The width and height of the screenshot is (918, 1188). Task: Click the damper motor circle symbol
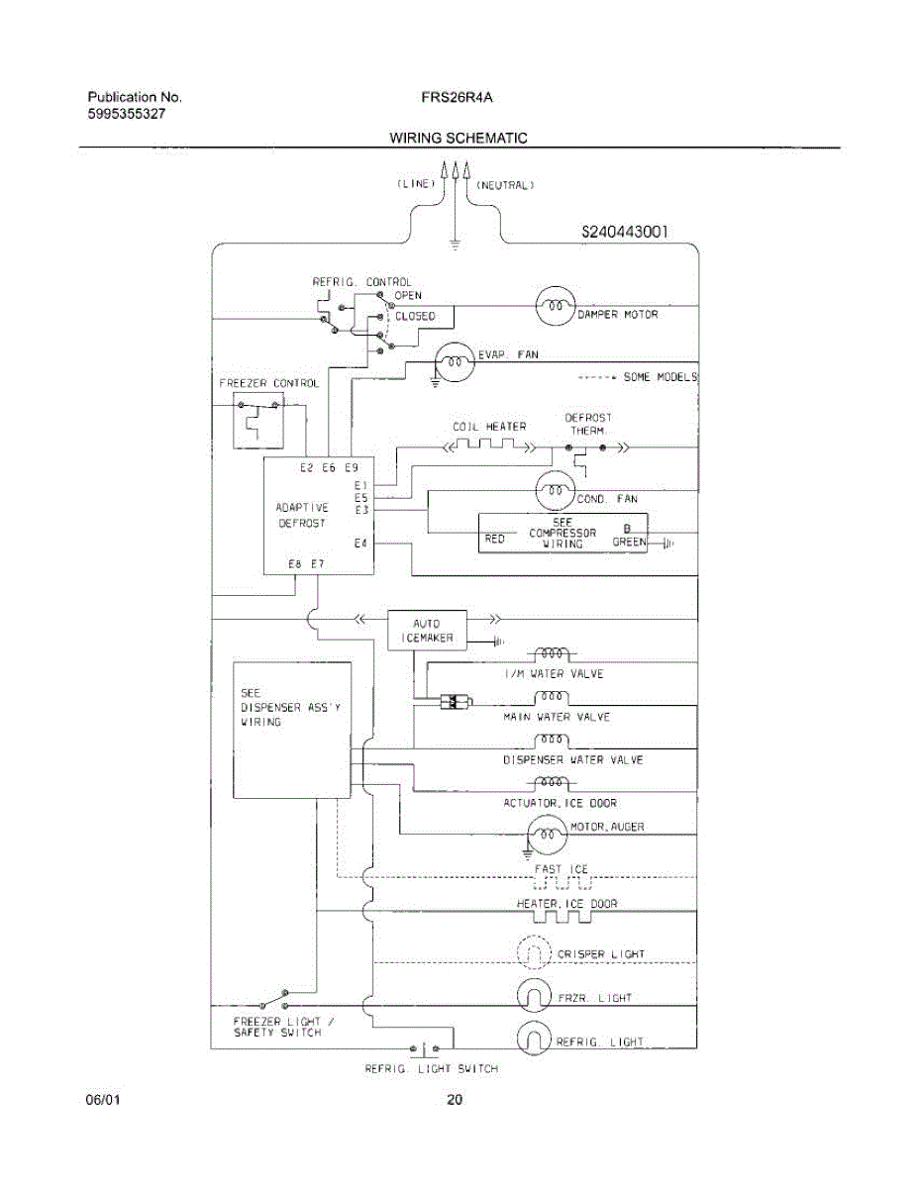[x=556, y=306]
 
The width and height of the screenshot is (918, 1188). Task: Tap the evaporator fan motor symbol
[x=455, y=362]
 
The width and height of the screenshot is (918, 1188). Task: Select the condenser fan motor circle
[x=556, y=490]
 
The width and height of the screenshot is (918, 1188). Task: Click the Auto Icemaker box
[x=427, y=631]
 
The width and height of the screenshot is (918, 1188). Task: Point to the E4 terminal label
[x=360, y=543]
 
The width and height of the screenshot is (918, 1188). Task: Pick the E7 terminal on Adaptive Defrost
[x=318, y=563]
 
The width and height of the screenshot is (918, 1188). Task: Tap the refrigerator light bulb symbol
[x=534, y=1038]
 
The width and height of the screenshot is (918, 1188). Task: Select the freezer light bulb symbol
[x=534, y=995]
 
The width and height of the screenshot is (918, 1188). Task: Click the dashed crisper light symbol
[x=534, y=951]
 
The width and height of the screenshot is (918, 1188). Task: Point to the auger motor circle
[x=548, y=835]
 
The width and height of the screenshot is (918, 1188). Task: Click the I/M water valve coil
[x=552, y=653]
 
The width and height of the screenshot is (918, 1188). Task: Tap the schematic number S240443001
[x=625, y=232]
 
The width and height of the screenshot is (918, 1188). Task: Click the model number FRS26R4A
[x=458, y=97]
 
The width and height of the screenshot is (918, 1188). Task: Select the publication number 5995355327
[x=127, y=114]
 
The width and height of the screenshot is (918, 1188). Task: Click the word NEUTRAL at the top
[x=506, y=185]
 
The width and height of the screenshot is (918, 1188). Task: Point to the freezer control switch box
[x=258, y=421]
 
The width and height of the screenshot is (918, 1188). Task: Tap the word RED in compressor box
[x=495, y=540]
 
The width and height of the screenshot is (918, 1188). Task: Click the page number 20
[x=455, y=1100]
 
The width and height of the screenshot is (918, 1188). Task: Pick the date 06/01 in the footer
[x=103, y=1100]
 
